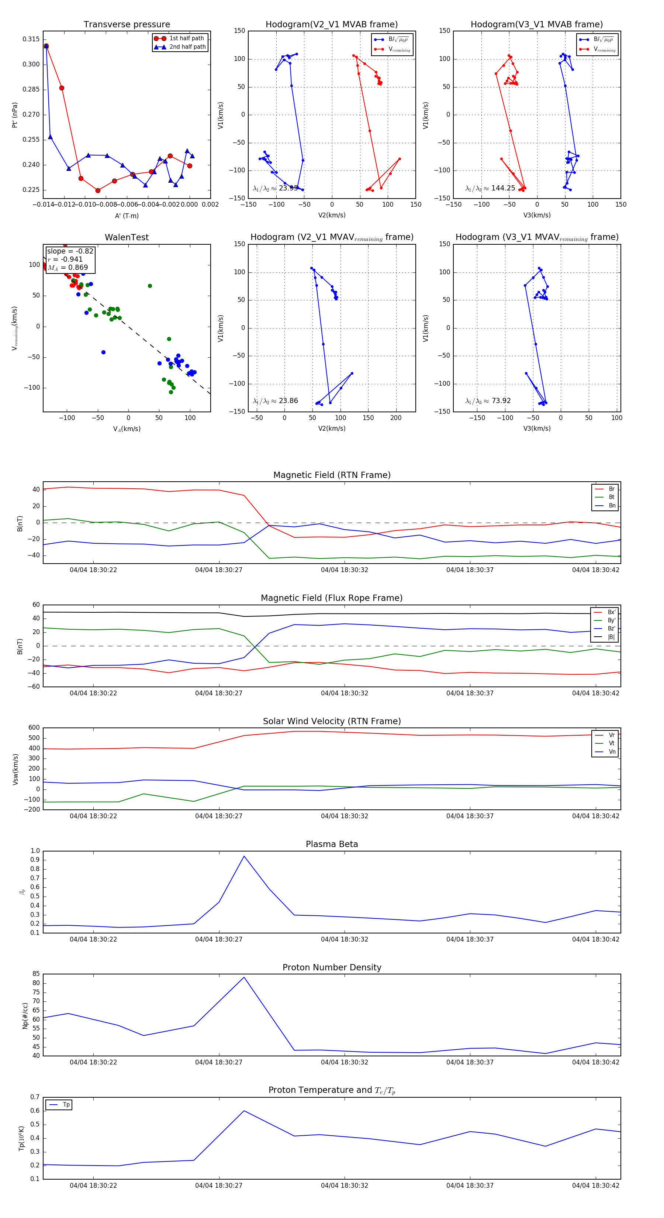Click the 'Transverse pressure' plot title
[x=127, y=25]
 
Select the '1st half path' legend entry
[x=186, y=38]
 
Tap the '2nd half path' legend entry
[x=187, y=47]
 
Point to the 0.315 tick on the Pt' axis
[x=31, y=39]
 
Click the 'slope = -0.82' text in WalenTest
[x=70, y=251]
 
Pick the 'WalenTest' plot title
[x=127, y=237]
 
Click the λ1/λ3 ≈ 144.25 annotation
[x=490, y=188]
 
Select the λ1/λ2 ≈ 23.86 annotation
[x=276, y=401]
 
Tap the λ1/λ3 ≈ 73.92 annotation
[x=488, y=401]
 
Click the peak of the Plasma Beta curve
[x=244, y=856]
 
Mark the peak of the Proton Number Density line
[x=244, y=977]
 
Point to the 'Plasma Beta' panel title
[x=332, y=844]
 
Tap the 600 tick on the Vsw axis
[x=34, y=728]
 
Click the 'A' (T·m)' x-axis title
[x=127, y=216]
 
